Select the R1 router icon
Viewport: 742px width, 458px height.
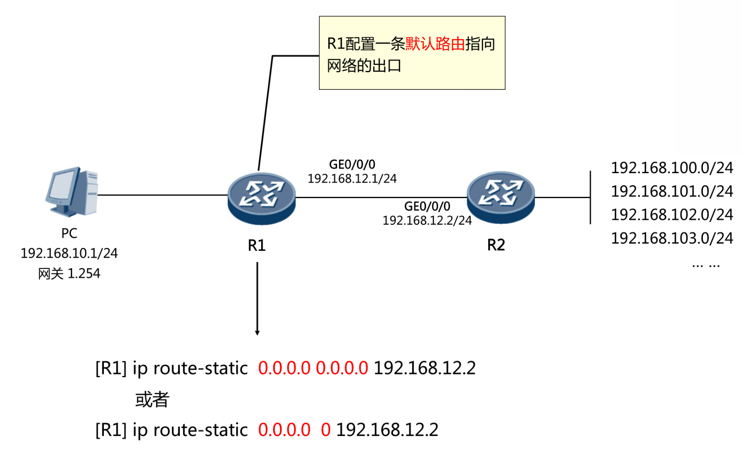262,198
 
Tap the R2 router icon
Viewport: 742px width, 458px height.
501,197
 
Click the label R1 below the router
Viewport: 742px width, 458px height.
257,245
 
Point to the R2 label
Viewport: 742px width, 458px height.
496,245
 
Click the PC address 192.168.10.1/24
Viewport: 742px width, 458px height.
69,253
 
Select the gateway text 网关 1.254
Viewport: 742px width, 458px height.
69,273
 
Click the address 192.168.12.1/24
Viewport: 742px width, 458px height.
352,178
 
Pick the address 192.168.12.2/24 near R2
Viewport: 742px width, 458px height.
427,220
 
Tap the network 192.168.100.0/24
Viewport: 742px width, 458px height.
672,168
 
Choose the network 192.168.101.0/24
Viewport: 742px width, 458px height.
672,191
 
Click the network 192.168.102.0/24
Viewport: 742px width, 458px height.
672,214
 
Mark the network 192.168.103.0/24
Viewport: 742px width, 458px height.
672,238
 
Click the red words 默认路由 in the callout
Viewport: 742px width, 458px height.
435,44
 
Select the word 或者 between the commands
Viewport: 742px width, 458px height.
152,400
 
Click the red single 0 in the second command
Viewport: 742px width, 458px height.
326,430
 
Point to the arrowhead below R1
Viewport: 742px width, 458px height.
257,333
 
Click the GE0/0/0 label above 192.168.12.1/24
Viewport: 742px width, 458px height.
352,164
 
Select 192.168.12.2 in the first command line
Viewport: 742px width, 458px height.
425,368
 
